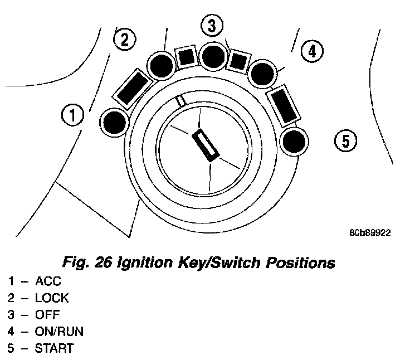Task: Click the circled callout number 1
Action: pyautogui.click(x=72, y=116)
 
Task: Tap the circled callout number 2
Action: pyautogui.click(x=124, y=40)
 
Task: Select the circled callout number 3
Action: pyautogui.click(x=211, y=25)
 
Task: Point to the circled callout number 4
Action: pyautogui.click(x=311, y=52)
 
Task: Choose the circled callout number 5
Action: pyautogui.click(x=345, y=141)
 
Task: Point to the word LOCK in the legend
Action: pyautogui.click(x=52, y=298)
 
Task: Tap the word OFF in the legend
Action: pyautogui.click(x=47, y=314)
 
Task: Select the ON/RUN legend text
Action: pyautogui.click(x=59, y=332)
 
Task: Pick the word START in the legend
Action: pyautogui.click(x=54, y=348)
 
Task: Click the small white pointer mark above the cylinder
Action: pyautogui.click(x=180, y=101)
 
